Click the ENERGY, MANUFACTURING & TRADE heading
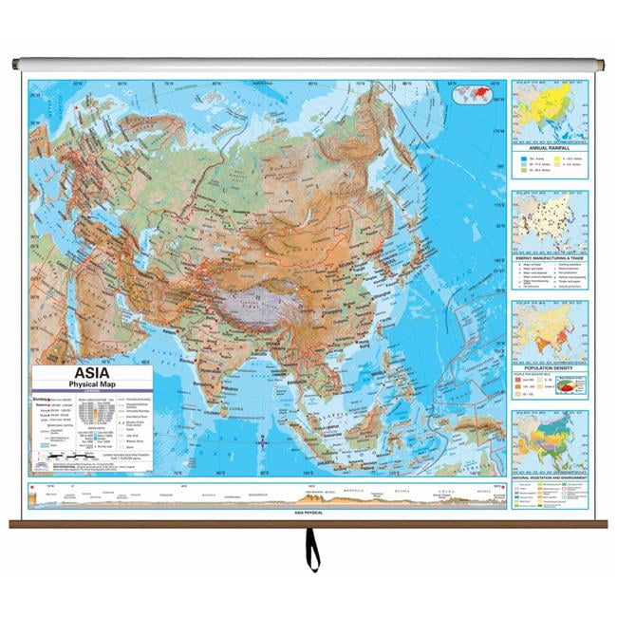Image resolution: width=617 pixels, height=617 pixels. (x=550, y=256)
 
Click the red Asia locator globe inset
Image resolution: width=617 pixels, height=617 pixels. (x=477, y=95)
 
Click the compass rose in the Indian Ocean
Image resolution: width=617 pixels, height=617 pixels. (x=263, y=440)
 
